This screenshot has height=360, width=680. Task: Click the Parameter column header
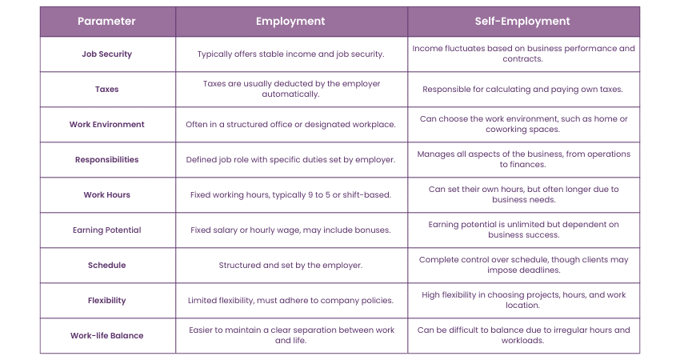tap(106, 21)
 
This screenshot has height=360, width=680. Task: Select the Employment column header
tap(290, 21)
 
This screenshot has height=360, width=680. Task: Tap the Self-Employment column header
tap(523, 21)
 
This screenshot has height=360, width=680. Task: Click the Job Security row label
tap(106, 54)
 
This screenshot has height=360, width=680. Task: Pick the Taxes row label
tap(106, 89)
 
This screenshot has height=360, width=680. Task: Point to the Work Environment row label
tap(106, 124)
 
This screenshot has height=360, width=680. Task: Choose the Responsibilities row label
tap(106, 159)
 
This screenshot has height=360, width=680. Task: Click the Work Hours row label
tap(106, 194)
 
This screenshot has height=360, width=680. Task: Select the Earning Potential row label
tap(106, 230)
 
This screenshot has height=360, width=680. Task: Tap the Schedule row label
tap(106, 265)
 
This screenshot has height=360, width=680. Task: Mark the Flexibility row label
tap(106, 300)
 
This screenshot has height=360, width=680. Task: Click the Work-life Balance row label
tap(106, 335)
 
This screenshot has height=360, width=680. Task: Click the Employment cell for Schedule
tap(290, 265)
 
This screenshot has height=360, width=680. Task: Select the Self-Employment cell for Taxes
tap(523, 89)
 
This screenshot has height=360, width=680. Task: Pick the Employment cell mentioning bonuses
tap(290, 230)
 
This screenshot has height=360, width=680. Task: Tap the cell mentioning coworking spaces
tap(523, 124)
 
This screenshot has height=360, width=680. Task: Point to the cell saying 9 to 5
tap(290, 194)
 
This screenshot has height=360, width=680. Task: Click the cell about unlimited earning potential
tap(523, 230)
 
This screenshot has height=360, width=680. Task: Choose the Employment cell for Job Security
tap(290, 54)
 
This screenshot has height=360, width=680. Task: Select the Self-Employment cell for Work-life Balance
tap(523, 335)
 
